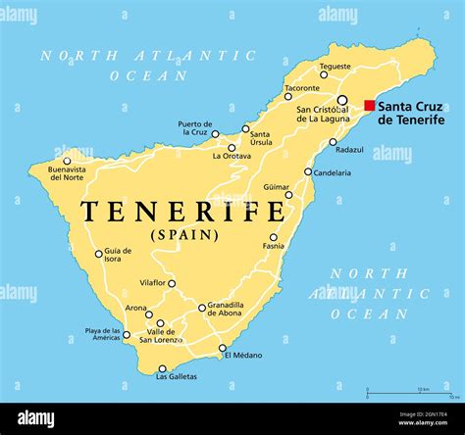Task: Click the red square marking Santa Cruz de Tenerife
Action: [x=369, y=106]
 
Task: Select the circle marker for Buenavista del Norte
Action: [x=68, y=161]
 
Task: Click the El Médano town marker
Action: [x=223, y=347]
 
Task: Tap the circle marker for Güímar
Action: [x=288, y=194]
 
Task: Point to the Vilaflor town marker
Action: [x=172, y=284]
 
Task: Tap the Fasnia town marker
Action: [x=274, y=237]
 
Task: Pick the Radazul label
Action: [x=349, y=150]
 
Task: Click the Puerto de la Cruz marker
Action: [x=216, y=134]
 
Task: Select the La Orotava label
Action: [x=232, y=155]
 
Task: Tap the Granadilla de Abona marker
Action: [x=202, y=308]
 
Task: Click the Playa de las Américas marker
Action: [x=127, y=334]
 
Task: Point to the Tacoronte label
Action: [x=302, y=87]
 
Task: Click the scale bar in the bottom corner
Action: [x=409, y=394]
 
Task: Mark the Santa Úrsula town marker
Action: [x=246, y=128]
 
